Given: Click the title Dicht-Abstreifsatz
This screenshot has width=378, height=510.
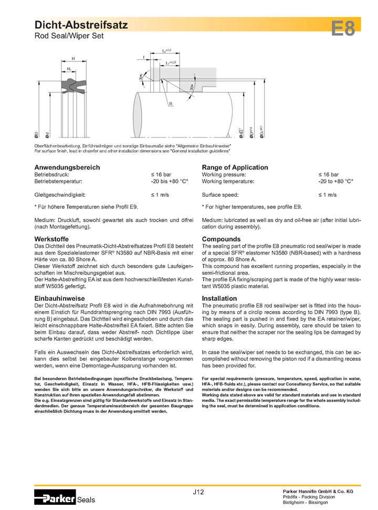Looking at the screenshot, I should coord(81,25).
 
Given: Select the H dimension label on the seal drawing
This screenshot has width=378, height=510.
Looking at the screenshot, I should coord(73,58).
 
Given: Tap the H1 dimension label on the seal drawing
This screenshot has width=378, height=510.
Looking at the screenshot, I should coord(69,69).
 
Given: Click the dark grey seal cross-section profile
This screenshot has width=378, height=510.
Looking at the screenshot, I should coord(72,83).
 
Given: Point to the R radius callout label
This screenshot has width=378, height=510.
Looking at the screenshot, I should coord(171,104).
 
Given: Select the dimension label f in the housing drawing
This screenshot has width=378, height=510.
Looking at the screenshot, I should coord(143,57).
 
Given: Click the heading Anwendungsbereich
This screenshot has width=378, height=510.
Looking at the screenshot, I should coord(67,167).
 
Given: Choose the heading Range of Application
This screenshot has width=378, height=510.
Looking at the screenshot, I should coord(235,167).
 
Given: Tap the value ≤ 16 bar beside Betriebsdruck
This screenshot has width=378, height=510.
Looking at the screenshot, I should coord(161,174).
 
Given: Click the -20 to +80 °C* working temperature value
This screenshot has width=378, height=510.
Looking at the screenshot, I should coord(335,181).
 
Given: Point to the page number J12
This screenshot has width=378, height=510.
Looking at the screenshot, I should coord(198,492).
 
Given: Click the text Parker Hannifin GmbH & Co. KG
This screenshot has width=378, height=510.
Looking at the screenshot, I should coord(318,491).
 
